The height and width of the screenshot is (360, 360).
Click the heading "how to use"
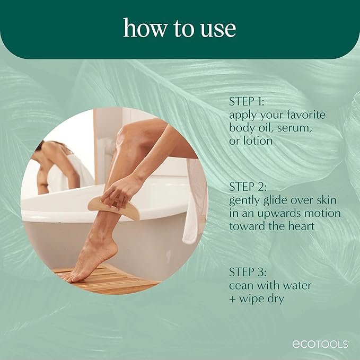(x=180, y=28)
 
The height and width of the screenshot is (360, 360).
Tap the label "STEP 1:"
(x=247, y=101)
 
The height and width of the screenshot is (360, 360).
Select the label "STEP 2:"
(x=247, y=187)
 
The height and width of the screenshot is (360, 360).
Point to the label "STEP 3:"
(x=247, y=273)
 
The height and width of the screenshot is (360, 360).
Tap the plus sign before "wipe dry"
(x=233, y=299)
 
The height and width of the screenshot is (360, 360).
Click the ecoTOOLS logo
(x=320, y=344)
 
